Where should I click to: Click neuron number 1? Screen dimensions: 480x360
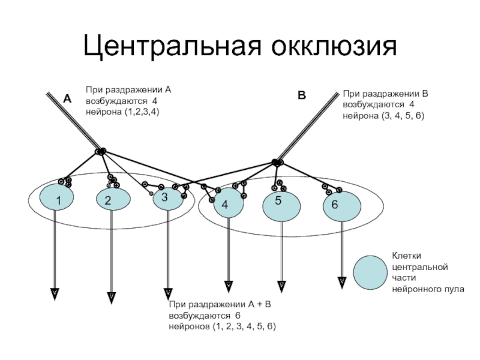pos(56,197)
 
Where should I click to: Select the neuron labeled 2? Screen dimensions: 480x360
pos(113,199)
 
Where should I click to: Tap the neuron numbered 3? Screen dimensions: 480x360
pos(168,198)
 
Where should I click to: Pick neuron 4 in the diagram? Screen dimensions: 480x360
pos(229,203)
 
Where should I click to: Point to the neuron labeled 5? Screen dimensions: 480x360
pos(281,206)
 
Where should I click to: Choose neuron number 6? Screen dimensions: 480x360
pos(342,206)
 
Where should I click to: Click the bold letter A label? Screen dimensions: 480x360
pos(67,99)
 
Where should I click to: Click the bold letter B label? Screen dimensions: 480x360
pos(302,95)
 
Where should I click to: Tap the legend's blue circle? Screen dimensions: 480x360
pos(370,273)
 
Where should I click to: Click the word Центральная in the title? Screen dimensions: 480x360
pos(172,46)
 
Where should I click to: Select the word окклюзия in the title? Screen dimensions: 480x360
pos(334,47)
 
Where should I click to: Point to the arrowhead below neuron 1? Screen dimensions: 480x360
pos(55,294)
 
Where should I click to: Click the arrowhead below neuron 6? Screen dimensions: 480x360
pos(342,283)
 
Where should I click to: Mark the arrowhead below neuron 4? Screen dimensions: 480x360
pos(229,287)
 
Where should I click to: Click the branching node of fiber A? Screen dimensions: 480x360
pos(100,151)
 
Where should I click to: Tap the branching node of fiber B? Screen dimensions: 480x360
pos(278,162)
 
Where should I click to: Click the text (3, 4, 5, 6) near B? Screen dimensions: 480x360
pos(403,116)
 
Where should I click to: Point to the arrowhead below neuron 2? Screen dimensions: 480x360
pos(112,298)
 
